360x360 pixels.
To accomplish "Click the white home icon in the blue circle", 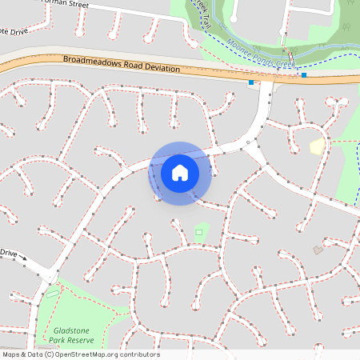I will click(180, 171).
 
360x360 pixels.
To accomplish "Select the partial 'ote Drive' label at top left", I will click(14, 32).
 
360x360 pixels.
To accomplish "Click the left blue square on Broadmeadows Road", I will click(252, 82).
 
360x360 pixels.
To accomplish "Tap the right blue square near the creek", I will click(304, 75).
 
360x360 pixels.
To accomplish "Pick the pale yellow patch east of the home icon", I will click(317, 146).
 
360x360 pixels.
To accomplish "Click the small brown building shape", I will click(318, 250).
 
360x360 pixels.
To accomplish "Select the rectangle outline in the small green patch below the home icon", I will click(198, 233).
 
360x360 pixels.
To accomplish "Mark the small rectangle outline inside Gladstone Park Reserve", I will click(53, 292).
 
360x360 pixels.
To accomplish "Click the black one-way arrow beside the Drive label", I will click(24, 258).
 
